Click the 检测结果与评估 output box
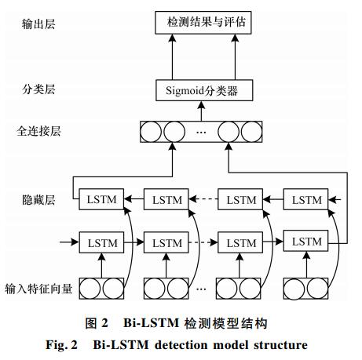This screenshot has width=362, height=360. click(x=203, y=23)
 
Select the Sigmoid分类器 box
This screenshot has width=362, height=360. click(x=204, y=90)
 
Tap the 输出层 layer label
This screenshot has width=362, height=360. click(x=38, y=24)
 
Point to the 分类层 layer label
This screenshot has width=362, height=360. click(x=38, y=89)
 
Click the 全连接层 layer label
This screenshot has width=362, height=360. click(x=38, y=131)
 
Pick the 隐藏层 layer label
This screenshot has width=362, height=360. click(x=38, y=200)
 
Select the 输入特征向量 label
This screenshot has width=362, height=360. click(x=38, y=289)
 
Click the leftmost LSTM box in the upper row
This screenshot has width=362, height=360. click(x=101, y=199)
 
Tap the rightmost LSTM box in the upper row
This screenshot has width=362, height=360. click(x=305, y=199)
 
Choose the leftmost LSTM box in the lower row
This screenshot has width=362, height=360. click(x=101, y=242)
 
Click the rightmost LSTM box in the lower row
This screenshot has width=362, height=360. click(x=305, y=241)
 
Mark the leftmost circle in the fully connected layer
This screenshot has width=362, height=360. click(x=151, y=132)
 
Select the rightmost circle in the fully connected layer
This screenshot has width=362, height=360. click(x=251, y=132)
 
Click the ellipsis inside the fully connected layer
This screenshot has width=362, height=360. click(x=201, y=133)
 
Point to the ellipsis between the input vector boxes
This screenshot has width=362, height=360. click(x=201, y=289)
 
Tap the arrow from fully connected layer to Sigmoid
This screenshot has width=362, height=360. click(x=201, y=111)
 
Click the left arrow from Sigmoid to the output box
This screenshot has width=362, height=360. click(x=172, y=57)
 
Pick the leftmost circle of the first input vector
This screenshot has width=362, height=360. click(x=90, y=289)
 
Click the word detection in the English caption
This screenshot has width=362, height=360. click(x=181, y=345)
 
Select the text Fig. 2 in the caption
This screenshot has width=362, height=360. click(x=62, y=345)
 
